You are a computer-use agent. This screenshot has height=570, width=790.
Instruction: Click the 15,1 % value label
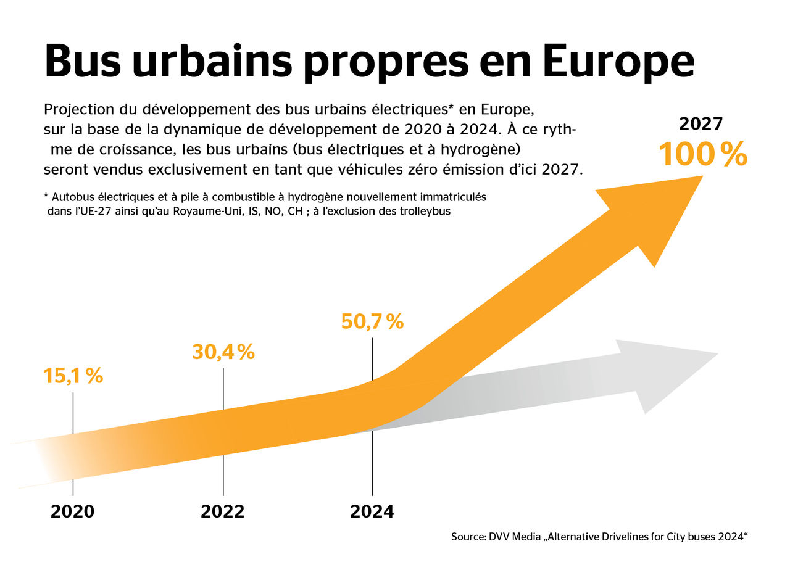click(73, 376)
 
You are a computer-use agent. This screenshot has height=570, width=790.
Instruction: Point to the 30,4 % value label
click(223, 352)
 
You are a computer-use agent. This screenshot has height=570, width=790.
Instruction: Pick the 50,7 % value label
click(372, 321)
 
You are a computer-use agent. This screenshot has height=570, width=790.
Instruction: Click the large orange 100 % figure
click(702, 154)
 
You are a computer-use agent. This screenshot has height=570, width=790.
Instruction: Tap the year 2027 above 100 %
click(701, 124)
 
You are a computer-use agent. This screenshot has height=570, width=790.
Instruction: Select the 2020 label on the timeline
click(73, 511)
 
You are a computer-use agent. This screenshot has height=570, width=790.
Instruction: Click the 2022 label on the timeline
click(223, 511)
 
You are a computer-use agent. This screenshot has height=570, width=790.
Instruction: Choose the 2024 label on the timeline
click(372, 511)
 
